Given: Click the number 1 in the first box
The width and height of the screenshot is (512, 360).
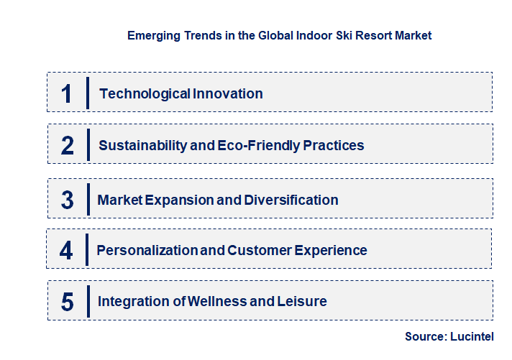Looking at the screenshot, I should [67, 93].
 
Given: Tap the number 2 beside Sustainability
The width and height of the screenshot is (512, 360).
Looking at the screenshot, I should [68, 145].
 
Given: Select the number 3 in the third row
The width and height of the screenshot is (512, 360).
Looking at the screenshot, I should [67, 200].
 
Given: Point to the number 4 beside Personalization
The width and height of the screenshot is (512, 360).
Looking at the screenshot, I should [66, 250].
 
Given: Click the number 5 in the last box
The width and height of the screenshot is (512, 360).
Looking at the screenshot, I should [67, 302].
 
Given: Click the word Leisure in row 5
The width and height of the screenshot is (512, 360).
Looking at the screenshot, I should [301, 301].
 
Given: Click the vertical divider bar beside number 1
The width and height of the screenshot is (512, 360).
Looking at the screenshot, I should [87, 93].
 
